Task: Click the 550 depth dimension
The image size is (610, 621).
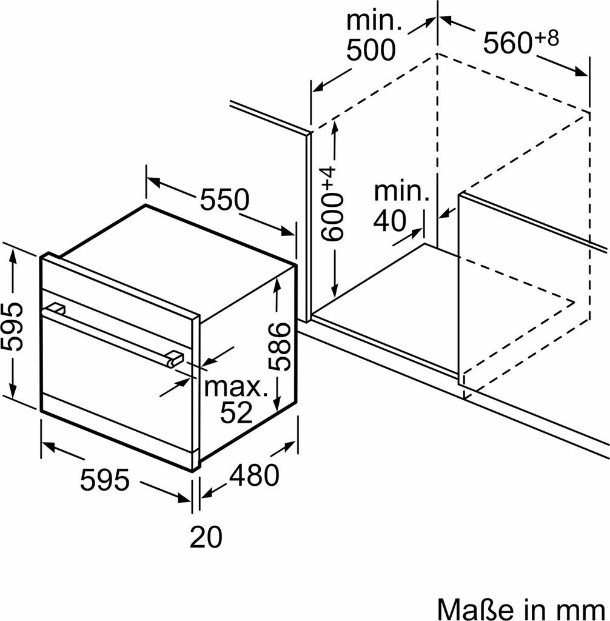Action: pyautogui.click(x=224, y=200)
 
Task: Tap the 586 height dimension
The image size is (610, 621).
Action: pyautogui.click(x=280, y=346)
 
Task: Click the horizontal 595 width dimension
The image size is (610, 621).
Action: pyautogui.click(x=104, y=479)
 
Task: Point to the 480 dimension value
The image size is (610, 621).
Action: pyautogui.click(x=254, y=475)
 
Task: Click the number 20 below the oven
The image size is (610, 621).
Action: pyautogui.click(x=206, y=537)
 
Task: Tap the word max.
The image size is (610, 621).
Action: pyautogui.click(x=236, y=387)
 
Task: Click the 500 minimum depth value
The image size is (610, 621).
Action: pyautogui.click(x=371, y=50)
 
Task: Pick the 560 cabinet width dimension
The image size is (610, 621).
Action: pyautogui.click(x=507, y=43)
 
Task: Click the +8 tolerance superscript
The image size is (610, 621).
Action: pyautogui.click(x=546, y=38)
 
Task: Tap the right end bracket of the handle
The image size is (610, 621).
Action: pyautogui.click(x=175, y=358)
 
